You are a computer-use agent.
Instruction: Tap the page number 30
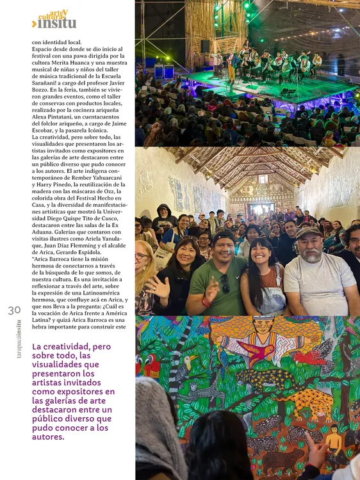[14, 310]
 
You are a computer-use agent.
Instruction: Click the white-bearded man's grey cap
[309, 232]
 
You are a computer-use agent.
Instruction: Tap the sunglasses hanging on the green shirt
[225, 284]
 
